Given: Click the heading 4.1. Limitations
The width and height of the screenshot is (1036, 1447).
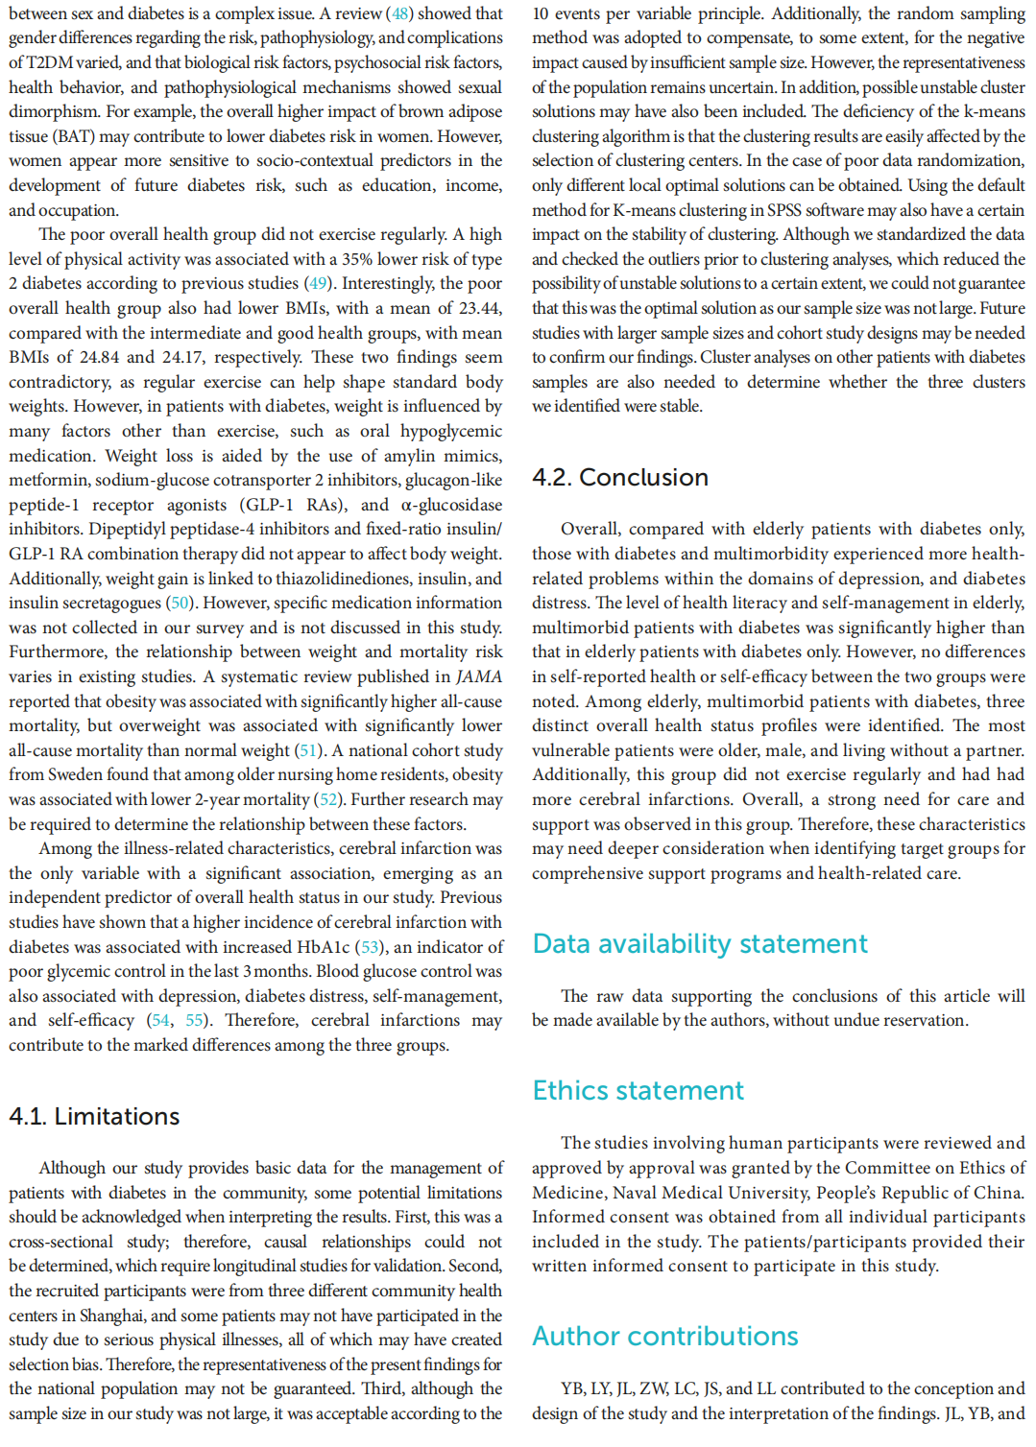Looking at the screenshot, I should coord(94,1116).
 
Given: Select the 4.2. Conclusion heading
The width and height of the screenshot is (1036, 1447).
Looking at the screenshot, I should coord(620,477).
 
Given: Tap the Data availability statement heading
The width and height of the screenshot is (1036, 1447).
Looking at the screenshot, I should coord(700,944).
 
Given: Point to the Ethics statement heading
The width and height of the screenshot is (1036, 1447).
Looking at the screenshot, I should coord(638,1091).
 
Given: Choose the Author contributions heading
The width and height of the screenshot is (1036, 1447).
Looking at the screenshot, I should coord(665,1337).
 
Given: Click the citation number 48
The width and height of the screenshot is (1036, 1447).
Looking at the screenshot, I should coord(399,13).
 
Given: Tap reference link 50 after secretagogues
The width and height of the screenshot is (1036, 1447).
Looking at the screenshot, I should coord(180,603).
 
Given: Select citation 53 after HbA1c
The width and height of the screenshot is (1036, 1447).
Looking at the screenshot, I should coord(370,947).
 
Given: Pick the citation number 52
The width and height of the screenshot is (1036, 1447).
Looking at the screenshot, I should coord(328,799).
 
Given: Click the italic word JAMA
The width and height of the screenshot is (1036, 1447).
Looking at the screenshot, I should coord(478,676).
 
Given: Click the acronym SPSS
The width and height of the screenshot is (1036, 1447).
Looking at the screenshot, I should coord(783,210).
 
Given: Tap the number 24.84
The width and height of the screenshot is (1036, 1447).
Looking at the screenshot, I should coord(99,357).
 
